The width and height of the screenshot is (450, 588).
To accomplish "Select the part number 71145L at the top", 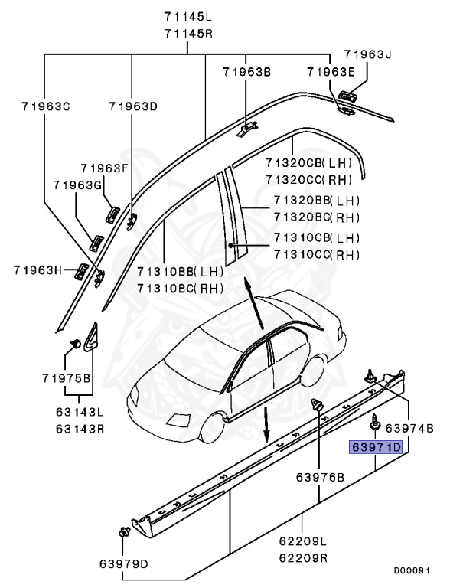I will [x=188, y=16].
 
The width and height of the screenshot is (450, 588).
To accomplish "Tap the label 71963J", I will [x=367, y=54].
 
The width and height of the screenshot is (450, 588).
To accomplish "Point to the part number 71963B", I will [x=246, y=72].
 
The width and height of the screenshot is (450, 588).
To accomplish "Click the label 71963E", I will [x=331, y=72].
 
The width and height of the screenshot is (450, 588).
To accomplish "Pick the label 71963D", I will [x=132, y=106].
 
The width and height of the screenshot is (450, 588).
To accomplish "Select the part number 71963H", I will [x=37, y=269].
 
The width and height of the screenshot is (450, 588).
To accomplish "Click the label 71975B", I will [x=66, y=378].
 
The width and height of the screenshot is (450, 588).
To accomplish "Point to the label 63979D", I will [x=124, y=564].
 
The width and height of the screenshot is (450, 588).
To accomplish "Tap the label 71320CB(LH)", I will [x=308, y=163].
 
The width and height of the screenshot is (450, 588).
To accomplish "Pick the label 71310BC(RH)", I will [x=180, y=289].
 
